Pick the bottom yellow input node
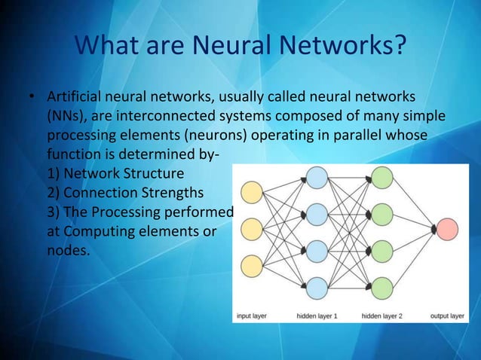251,265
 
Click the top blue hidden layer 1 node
317,178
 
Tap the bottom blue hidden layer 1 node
317,287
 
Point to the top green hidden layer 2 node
383,178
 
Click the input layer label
255,316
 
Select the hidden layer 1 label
317,316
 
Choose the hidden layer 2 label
382,316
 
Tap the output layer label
446,316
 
